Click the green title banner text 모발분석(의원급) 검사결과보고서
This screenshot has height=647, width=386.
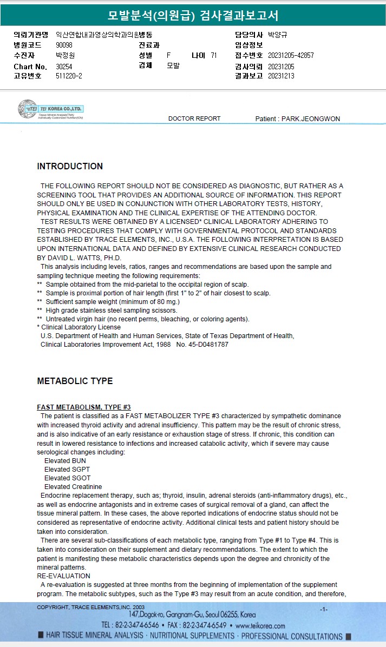193,15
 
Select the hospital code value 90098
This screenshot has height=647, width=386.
64,45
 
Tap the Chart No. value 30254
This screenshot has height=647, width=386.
64,67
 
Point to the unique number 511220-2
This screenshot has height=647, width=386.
69,76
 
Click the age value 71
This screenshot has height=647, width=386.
214,56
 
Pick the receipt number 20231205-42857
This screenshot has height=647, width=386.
291,56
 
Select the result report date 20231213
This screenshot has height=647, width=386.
281,76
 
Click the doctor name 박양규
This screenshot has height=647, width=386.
277,35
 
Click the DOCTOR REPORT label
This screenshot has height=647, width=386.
194,118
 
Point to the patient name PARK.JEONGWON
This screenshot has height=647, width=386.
311,119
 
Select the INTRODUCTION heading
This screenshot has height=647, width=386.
70,167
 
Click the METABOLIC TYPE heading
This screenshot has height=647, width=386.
75,381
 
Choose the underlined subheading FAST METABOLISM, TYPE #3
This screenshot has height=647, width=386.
84,407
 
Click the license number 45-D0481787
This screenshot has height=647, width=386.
208,345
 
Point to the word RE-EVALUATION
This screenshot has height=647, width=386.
63,576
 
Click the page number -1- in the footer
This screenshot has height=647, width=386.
324,610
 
